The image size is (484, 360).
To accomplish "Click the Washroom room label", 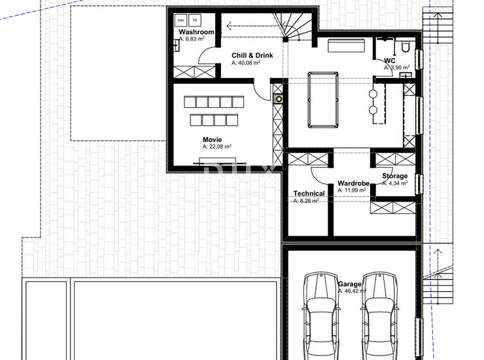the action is (196, 32).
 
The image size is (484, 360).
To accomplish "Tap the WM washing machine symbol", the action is (181, 20).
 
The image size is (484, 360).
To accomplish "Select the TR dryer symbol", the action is (195, 20).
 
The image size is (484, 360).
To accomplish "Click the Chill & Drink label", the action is (252, 56).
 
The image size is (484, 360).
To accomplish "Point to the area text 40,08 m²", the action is (246, 63).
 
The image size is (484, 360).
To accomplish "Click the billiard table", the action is (323, 99).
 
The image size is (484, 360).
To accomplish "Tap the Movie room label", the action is (212, 139).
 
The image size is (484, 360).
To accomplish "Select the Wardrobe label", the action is (353, 183).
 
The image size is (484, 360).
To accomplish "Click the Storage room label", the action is (395, 176).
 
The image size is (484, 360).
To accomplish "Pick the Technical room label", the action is (309, 194).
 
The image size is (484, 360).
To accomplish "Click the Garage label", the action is (350, 284).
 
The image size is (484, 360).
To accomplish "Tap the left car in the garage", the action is (320, 315).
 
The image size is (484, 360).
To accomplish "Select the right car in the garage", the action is (379, 315).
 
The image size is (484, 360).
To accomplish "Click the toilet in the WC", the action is (406, 46).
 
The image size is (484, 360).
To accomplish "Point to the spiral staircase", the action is (293, 26).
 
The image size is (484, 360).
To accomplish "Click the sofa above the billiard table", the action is (347, 45).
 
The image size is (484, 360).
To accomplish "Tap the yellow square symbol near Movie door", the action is (279, 99).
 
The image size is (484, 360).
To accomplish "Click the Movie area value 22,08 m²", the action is (217, 147).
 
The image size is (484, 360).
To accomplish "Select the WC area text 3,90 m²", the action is (397, 67).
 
